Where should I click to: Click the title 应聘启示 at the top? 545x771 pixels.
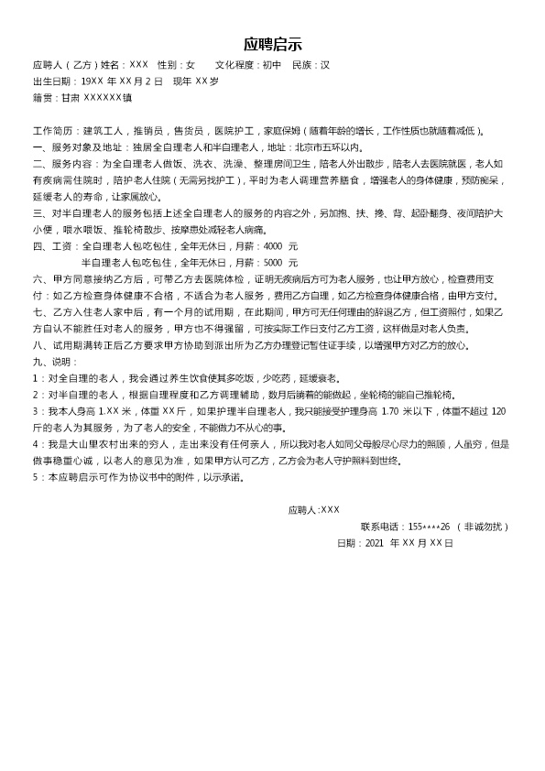272,45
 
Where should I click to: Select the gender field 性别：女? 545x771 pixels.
176,66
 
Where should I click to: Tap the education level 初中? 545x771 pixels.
271,66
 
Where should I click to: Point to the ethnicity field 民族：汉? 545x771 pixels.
311,66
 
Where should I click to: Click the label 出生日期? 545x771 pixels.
52,81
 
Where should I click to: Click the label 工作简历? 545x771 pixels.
52,131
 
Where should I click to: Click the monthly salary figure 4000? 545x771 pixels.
273,246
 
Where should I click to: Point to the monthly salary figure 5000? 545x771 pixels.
273,263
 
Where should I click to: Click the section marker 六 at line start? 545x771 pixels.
37,279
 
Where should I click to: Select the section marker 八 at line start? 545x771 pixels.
37,345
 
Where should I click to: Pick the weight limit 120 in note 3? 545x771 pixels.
498,411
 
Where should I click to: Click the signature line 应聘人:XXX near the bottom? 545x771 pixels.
313,510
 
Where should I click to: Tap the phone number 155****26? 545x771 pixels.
430,527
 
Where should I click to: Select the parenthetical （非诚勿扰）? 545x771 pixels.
483,527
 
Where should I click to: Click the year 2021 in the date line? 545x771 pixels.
375,543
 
